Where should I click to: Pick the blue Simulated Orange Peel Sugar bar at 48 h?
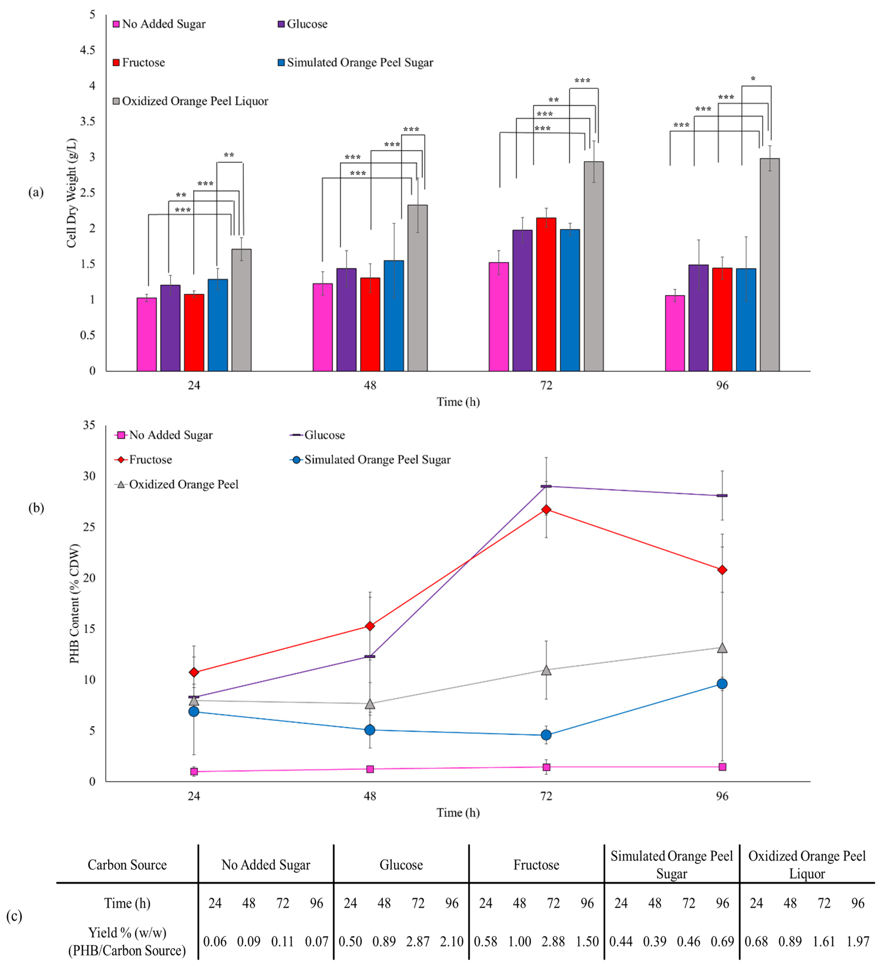(x=394, y=316)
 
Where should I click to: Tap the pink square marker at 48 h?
(x=370, y=769)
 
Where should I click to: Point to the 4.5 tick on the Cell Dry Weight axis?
(x=87, y=50)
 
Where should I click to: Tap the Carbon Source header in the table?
(x=127, y=865)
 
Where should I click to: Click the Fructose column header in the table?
(x=536, y=865)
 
